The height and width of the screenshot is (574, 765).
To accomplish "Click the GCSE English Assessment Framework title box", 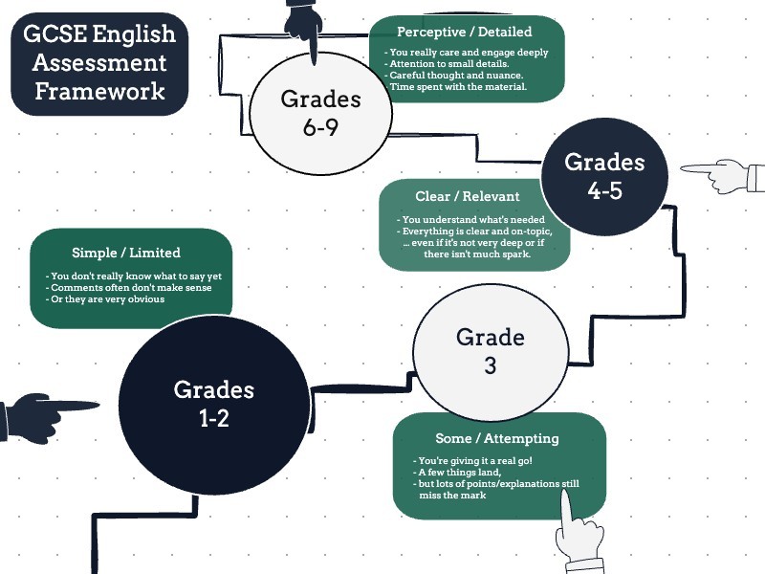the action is [x=100, y=63].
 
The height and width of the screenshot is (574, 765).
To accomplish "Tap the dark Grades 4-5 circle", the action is [x=605, y=176].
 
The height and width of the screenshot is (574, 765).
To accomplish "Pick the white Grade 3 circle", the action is [x=490, y=350].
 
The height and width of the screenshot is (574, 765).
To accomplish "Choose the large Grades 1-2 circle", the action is [x=213, y=403].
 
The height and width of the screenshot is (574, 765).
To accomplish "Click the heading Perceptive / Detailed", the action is [x=465, y=33].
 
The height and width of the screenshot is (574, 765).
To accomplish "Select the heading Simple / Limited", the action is [x=126, y=253].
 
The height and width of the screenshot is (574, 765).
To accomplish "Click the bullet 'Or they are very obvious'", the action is [x=108, y=299].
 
